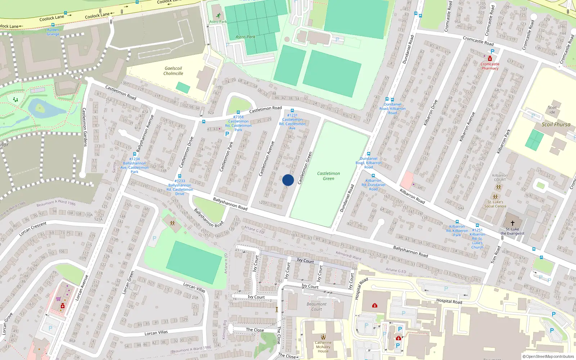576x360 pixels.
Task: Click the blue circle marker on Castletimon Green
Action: [288, 180]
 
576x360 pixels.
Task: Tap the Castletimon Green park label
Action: [328, 176]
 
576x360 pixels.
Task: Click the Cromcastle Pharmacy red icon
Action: [490, 59]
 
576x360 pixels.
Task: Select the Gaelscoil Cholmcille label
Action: [173, 71]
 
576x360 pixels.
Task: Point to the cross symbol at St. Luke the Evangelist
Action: [513, 223]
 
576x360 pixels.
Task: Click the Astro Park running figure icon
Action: [218, 15]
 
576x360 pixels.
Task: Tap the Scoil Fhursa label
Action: [556, 125]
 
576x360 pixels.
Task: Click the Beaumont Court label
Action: [316, 306]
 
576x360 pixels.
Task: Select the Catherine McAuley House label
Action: [323, 347]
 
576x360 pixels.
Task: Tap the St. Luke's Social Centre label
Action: [495, 204]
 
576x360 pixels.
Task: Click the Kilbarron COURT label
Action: [500, 177]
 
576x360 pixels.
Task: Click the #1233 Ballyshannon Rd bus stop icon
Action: [180, 176]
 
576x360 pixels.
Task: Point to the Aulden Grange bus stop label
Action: [53, 32]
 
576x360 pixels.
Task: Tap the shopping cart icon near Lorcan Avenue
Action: [58, 299]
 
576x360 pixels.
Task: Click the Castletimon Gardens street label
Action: [85, 127]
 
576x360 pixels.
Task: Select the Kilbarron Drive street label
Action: [431, 113]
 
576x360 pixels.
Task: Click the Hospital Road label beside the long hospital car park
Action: [449, 301]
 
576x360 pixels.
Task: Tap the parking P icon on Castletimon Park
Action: [227, 134]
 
